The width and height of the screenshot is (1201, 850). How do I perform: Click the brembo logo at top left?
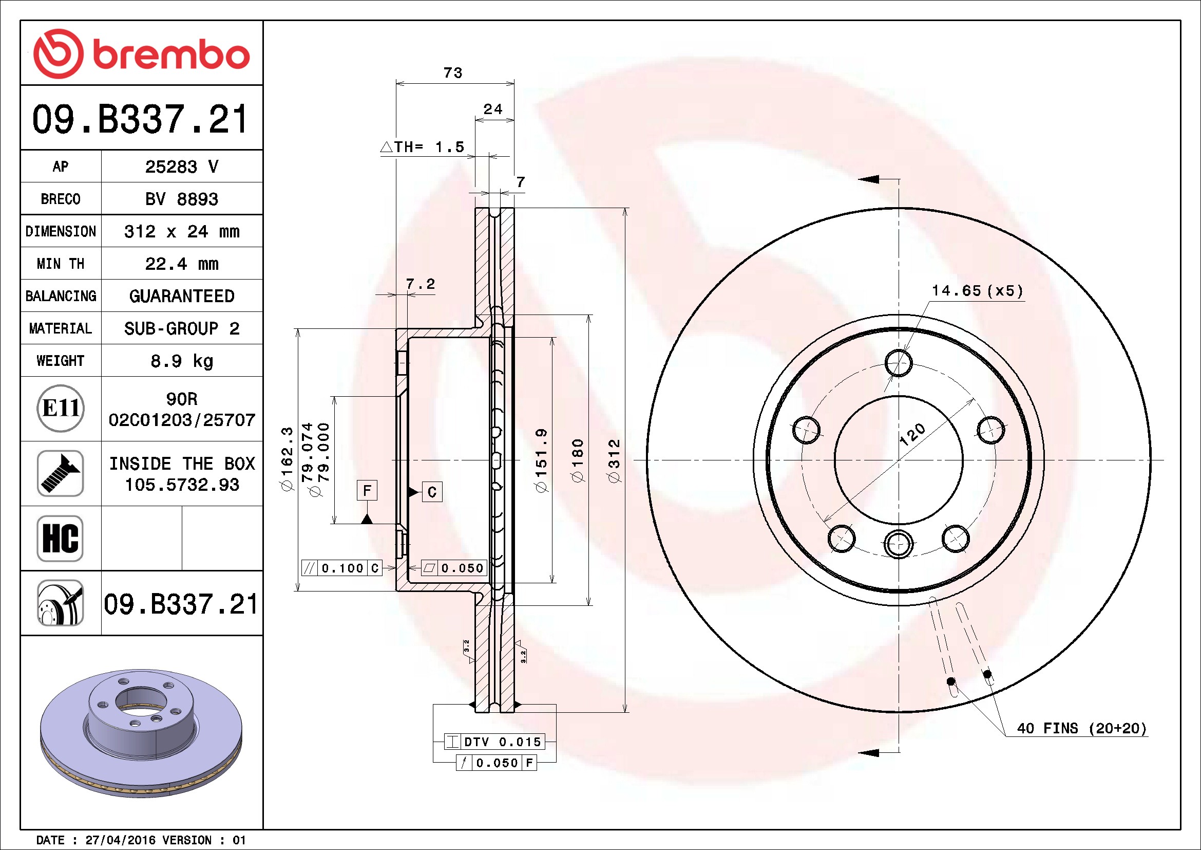(141, 54)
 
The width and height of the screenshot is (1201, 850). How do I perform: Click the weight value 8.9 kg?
(181, 361)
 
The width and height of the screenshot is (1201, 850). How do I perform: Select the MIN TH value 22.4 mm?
(181, 264)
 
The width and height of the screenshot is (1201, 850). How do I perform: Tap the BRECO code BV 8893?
(181, 199)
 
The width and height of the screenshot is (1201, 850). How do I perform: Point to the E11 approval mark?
(61, 408)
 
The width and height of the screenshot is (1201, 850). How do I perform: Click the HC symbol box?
(60, 538)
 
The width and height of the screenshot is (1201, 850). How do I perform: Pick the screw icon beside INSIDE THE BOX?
(60, 473)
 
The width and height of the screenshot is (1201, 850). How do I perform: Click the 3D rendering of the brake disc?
(141, 733)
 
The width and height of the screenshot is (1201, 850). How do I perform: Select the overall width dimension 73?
(453, 73)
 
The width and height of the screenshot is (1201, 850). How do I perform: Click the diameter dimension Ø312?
(614, 460)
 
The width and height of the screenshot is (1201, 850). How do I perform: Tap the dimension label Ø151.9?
(541, 460)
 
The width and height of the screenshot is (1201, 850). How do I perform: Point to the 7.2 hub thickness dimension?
(421, 284)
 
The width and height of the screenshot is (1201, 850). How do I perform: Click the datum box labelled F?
(367, 490)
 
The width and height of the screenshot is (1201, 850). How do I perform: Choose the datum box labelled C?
(432, 492)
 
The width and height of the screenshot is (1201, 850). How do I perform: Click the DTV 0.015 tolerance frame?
(494, 742)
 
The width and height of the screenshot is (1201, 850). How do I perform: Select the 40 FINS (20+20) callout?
(1082, 728)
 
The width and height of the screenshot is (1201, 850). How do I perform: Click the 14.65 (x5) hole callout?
(977, 291)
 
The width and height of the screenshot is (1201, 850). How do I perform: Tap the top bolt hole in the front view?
(899, 363)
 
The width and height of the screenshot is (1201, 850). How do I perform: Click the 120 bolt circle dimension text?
(912, 434)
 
